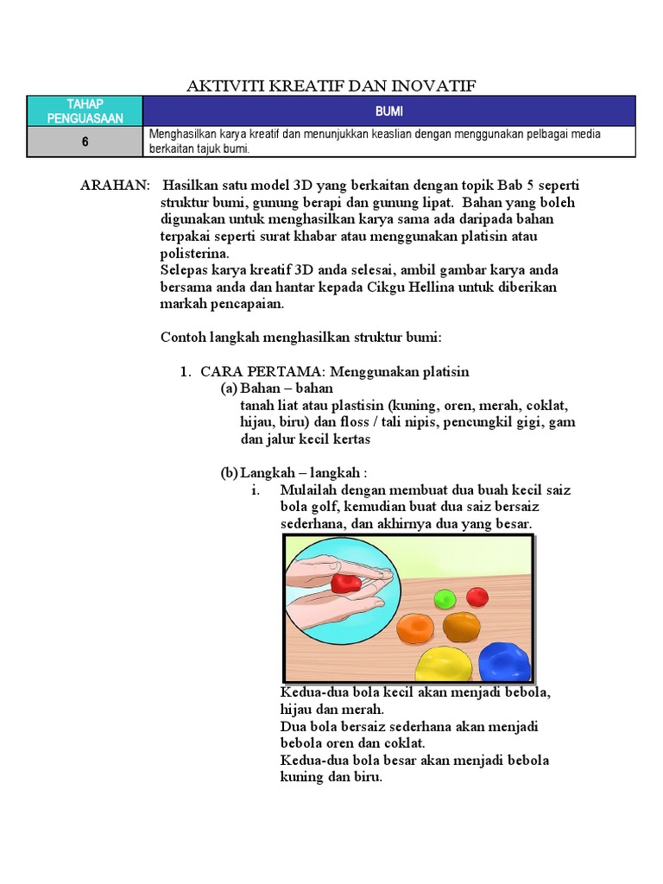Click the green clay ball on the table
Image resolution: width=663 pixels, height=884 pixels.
point(445,597)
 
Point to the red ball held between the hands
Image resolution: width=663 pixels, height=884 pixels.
point(346,583)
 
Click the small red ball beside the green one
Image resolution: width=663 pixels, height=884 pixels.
point(477,597)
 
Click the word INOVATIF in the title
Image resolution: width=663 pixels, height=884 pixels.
point(435,85)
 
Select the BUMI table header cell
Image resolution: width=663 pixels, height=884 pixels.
point(388,111)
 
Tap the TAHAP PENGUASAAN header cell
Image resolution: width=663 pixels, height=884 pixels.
point(85,111)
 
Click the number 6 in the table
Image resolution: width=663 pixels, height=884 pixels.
point(85,142)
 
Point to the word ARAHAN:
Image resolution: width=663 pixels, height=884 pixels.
point(114,186)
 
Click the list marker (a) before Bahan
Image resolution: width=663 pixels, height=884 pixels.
point(229,388)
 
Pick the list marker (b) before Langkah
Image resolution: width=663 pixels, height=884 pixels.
point(229,473)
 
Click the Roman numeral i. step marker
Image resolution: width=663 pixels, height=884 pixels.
point(256,490)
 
